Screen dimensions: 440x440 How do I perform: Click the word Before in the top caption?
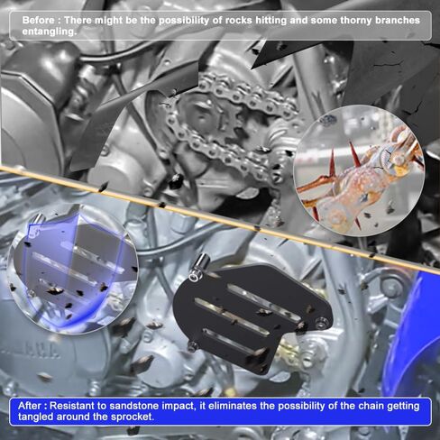[39, 20]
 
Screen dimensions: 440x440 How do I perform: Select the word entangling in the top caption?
[50, 32]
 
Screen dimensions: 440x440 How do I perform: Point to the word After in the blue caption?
[30, 406]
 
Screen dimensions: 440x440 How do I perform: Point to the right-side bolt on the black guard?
[323, 322]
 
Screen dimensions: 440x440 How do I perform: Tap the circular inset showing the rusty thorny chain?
[359, 170]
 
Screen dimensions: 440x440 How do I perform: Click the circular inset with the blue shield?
[72, 269]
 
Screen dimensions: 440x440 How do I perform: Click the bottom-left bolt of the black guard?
[192, 346]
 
